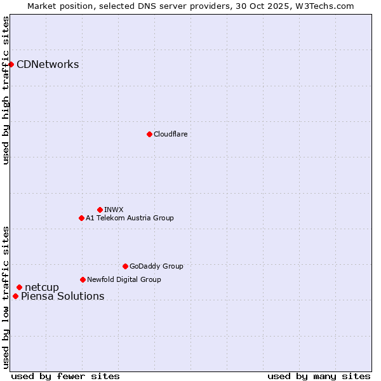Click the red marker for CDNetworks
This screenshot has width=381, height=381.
[11, 64]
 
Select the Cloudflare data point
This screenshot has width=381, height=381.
[149, 134]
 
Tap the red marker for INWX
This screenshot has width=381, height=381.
[100, 210]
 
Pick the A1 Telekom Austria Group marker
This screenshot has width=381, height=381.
[81, 218]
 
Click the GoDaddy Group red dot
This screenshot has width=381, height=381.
[125, 266]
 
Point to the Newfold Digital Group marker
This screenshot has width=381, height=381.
[83, 279]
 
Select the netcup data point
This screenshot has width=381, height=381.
[19, 288]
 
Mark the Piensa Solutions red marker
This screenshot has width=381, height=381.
[15, 296]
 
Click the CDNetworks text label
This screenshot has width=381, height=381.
[48, 64]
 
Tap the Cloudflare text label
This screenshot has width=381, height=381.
[170, 134]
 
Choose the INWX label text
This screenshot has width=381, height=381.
[114, 210]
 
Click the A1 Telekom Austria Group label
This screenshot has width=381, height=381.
[130, 218]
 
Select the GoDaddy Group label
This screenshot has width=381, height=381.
[156, 266]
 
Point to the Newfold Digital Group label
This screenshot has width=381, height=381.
[124, 279]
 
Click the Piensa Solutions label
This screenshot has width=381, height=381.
[62, 296]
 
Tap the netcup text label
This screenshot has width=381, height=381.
[41, 288]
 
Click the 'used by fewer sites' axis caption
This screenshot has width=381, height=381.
[65, 376]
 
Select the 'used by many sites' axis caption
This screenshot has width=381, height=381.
[319, 376]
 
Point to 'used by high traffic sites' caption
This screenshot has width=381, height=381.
[6, 90]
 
